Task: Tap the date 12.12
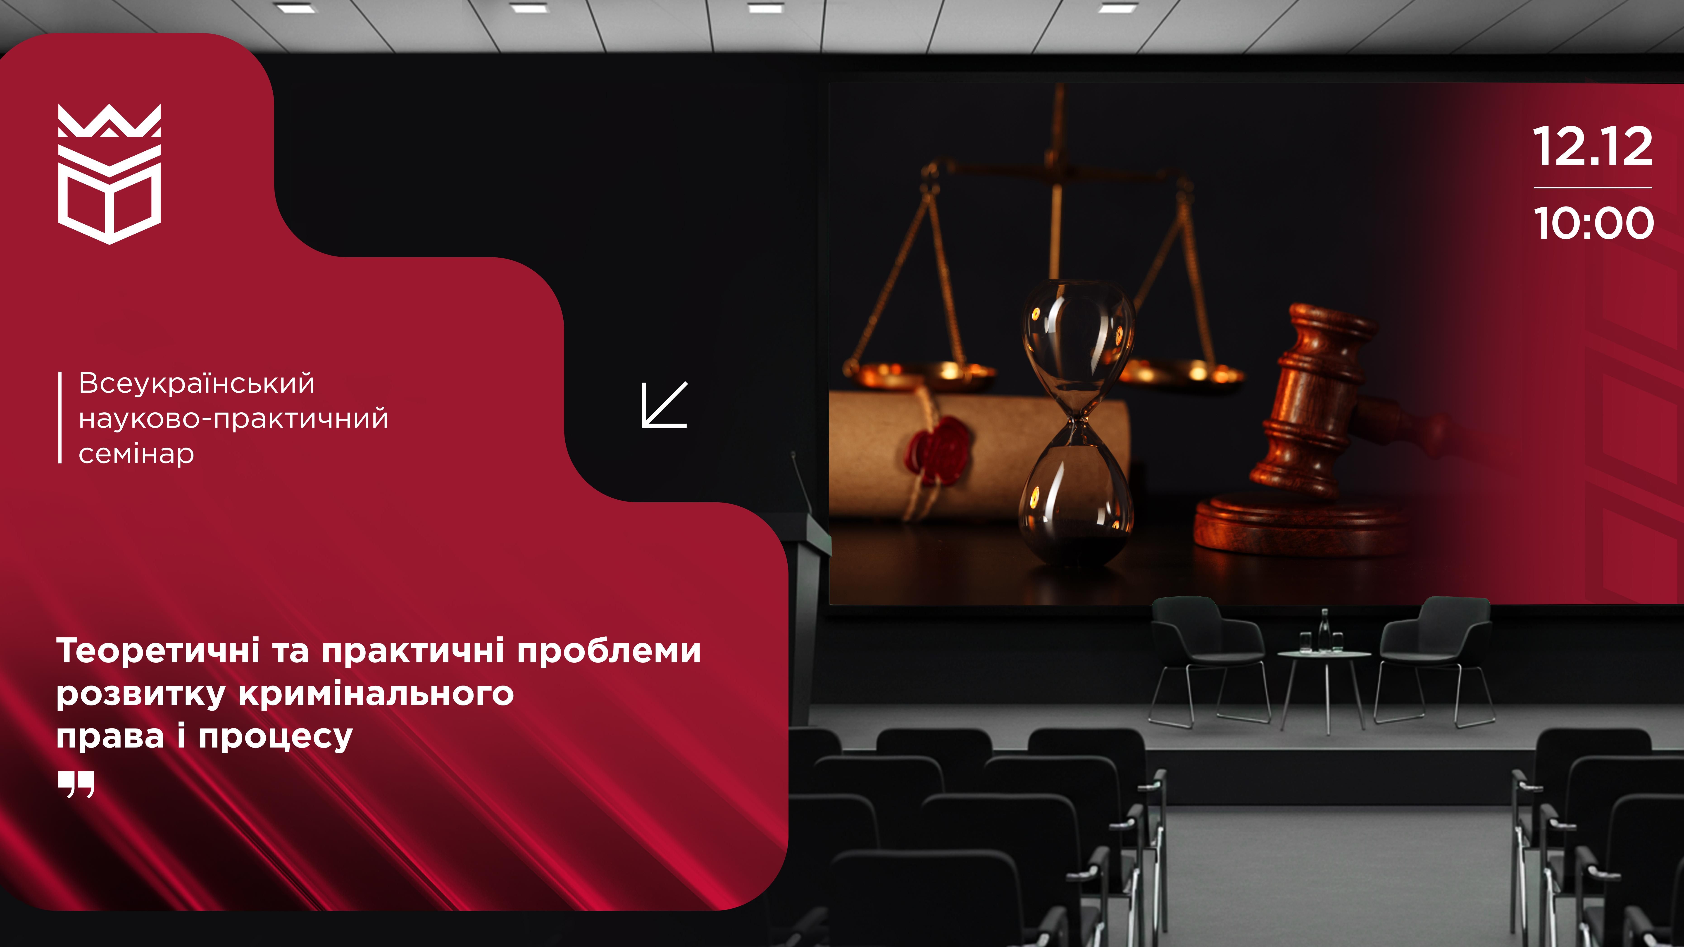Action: (x=1592, y=147)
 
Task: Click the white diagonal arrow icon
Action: (x=664, y=405)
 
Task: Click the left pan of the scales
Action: (x=919, y=373)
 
